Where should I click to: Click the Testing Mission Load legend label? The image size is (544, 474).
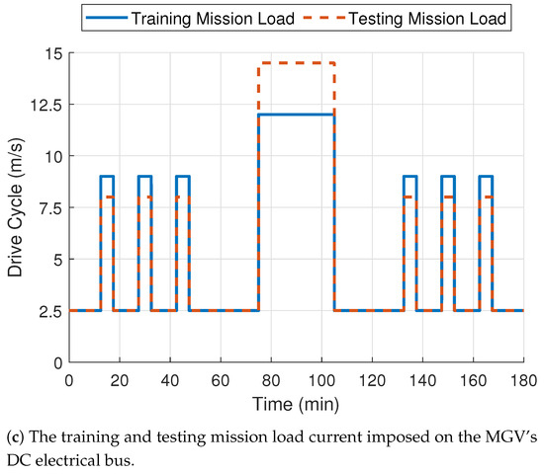(x=432, y=18)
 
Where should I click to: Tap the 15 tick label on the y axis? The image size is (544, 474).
(x=50, y=53)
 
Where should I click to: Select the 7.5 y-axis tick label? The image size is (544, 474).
(x=46, y=208)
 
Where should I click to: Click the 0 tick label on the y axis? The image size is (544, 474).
(x=55, y=362)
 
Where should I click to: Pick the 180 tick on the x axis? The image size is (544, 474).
(x=523, y=380)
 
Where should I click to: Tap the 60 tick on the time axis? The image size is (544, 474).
(x=220, y=380)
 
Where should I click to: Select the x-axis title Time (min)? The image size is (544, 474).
(x=296, y=404)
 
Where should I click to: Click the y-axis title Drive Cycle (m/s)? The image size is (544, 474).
(x=16, y=208)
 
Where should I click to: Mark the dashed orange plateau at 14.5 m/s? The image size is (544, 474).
(x=297, y=63)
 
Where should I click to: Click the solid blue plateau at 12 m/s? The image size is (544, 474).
(x=297, y=115)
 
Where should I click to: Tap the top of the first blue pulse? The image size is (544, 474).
(x=107, y=176)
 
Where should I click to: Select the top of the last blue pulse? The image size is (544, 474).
(x=486, y=176)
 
